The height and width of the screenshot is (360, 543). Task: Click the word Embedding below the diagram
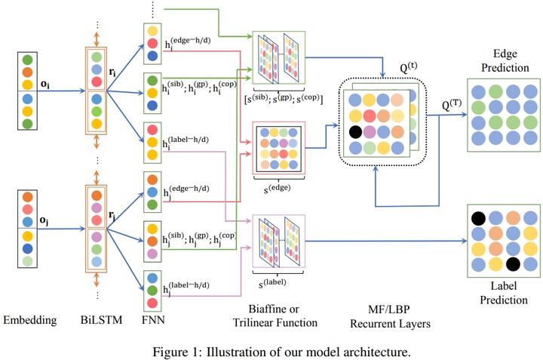29,320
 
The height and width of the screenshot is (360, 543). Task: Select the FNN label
153,320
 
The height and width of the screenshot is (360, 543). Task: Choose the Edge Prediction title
505,61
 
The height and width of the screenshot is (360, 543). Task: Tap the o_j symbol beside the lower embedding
46,221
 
